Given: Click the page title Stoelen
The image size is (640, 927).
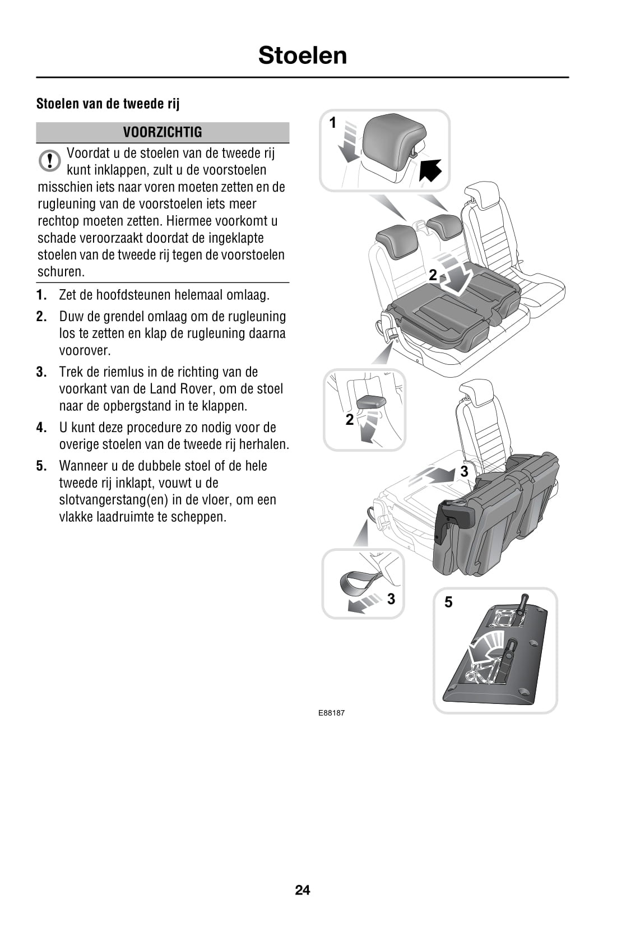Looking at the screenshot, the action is pos(303,55).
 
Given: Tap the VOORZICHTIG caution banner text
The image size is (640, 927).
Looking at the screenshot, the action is pos(163,132).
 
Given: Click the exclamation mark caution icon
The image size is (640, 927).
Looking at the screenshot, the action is pos(50,160).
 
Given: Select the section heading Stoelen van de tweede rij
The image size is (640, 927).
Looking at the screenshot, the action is pos(108,104).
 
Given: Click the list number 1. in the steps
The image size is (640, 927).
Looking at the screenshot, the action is pos(41,295).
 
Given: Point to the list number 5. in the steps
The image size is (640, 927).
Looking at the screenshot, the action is pos(41,466).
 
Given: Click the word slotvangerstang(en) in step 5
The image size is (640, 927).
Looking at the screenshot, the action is pos(114,500).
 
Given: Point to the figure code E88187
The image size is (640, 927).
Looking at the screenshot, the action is pos(331,713).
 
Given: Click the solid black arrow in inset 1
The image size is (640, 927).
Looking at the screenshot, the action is pos(430,170).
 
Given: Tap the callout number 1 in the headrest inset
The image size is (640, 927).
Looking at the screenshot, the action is pos(333,123).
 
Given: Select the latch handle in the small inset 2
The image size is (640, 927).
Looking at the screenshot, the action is pos(371,402).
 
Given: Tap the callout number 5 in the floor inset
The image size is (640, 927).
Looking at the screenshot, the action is pos(448,602).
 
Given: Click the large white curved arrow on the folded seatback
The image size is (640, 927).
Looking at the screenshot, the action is pos(456,274).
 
